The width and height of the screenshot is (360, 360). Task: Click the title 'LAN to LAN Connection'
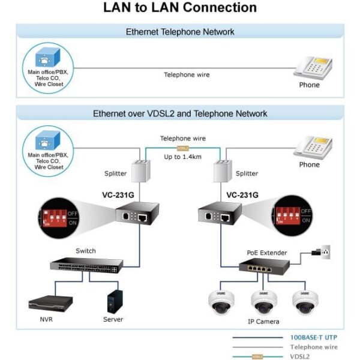(x=180, y=8)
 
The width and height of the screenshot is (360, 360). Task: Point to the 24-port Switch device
(x=85, y=265)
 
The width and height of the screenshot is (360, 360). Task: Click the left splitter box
(x=140, y=172)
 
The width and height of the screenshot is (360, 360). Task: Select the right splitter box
(x=223, y=172)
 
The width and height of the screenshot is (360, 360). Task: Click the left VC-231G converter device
(x=137, y=214)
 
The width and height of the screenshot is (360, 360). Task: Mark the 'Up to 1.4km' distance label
(x=183, y=157)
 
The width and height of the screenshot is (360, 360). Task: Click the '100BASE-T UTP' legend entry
(x=313, y=338)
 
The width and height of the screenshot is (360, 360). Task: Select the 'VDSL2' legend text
(x=300, y=356)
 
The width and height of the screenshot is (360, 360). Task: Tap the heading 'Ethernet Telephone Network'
(x=180, y=32)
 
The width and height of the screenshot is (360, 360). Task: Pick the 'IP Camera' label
(x=263, y=322)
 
